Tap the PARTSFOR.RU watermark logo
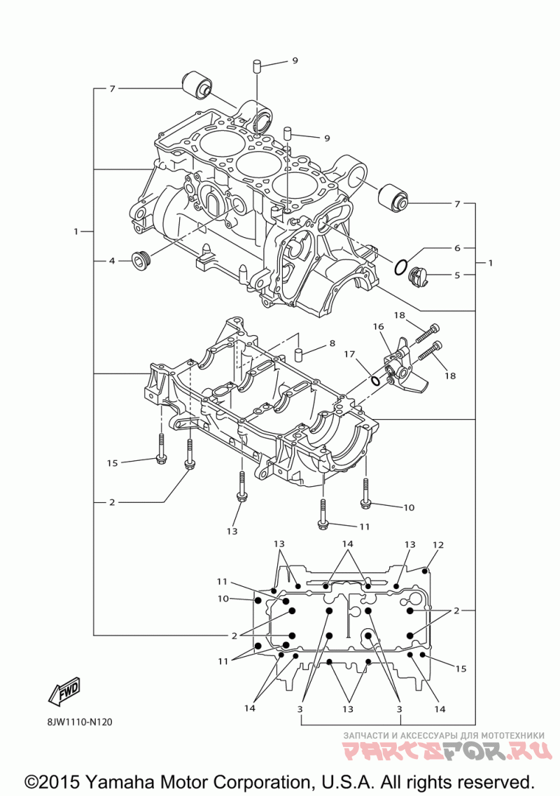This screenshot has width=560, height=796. click(447, 751)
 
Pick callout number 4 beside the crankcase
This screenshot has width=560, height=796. click(112, 261)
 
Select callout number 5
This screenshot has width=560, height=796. click(457, 275)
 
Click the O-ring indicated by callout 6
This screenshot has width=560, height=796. click(400, 266)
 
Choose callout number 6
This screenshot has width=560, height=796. click(457, 248)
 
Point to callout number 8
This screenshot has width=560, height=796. click(332, 343)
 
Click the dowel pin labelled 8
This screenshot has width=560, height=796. click(300, 353)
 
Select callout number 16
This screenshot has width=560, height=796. click(378, 327)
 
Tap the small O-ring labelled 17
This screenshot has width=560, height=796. click(375, 381)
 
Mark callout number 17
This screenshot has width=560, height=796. click(349, 354)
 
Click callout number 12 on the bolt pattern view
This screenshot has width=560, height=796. click(438, 545)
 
